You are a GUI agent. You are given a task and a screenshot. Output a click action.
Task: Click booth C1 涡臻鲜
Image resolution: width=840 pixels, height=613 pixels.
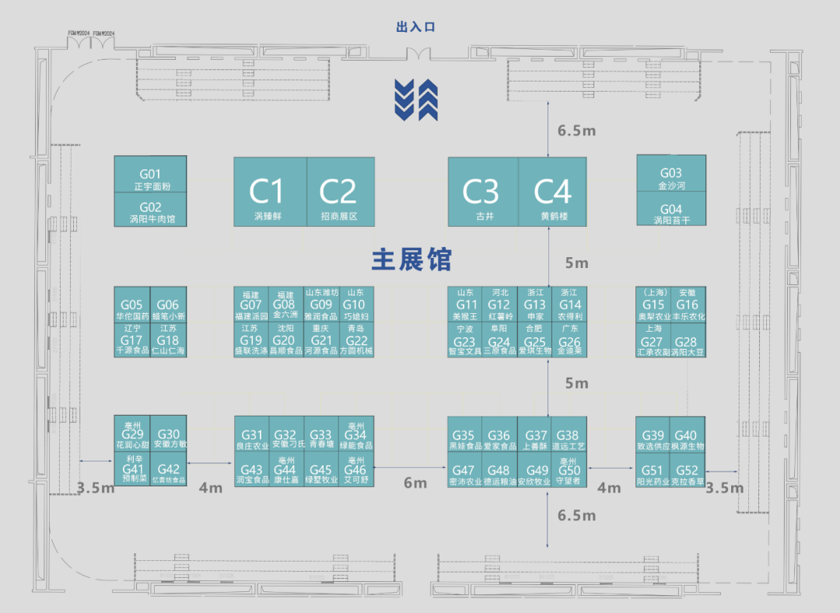270,192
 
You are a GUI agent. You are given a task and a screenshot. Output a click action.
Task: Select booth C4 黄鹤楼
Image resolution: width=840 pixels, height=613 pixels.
552,192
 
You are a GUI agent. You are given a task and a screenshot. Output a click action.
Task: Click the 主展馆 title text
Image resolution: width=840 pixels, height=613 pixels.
411,259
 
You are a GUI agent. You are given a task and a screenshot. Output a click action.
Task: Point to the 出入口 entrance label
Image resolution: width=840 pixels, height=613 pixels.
415,27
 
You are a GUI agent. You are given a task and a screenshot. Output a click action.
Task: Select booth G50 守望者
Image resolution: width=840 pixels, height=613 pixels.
569,471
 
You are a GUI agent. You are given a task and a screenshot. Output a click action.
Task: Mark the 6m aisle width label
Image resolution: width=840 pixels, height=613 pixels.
415,483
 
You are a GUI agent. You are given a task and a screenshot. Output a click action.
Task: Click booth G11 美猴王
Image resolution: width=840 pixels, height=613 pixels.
464,305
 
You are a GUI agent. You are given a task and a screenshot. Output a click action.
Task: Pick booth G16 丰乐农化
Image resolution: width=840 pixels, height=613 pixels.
688,305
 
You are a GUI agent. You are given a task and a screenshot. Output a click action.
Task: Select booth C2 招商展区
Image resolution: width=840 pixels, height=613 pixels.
338,192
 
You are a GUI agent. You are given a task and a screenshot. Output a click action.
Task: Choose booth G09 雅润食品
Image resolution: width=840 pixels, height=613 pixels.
321,305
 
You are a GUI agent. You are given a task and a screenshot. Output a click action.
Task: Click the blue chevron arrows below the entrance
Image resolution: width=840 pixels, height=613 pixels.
415,99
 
